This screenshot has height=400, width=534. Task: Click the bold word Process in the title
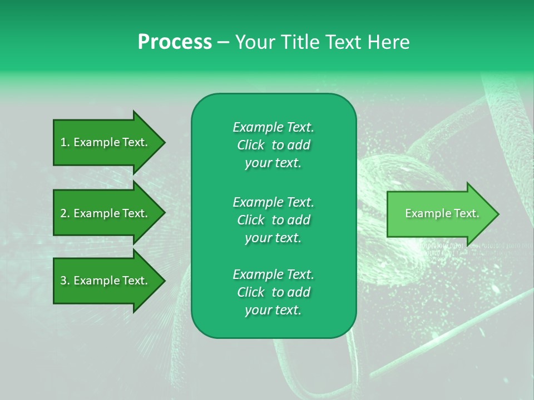coord(175,42)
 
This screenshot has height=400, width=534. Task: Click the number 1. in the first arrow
coord(65,142)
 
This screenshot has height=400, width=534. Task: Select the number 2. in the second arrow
coord(65,213)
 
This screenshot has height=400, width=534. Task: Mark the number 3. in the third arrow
coord(65,281)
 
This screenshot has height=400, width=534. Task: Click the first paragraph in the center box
coord(273,145)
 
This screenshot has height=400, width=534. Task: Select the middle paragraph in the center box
coord(273,219)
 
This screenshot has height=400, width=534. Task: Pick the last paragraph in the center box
coord(273,292)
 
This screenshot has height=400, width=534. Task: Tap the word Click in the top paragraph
coord(250,145)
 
